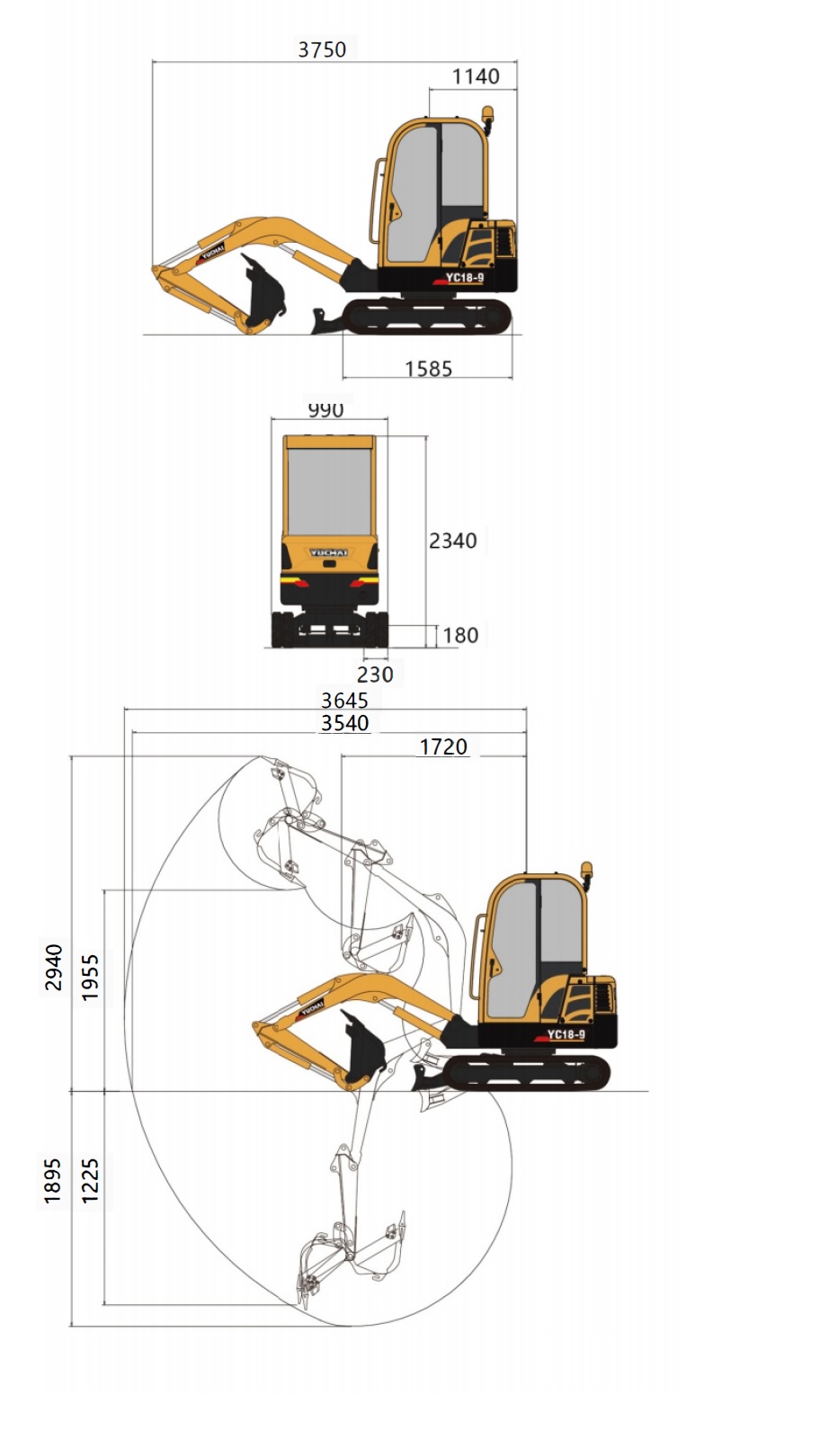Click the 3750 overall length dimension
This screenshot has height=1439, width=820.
point(322,49)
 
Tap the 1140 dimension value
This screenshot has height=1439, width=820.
point(476,76)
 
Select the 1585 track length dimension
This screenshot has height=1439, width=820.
point(428,369)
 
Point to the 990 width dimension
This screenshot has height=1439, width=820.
point(325,409)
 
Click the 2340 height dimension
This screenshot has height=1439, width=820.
point(452,541)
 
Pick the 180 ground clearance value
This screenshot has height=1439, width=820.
point(460,635)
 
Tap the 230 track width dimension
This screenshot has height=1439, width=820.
point(375,675)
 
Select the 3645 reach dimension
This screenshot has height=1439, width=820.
point(345,701)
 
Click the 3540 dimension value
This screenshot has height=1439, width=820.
point(345,723)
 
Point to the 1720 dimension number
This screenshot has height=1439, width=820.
point(443,746)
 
